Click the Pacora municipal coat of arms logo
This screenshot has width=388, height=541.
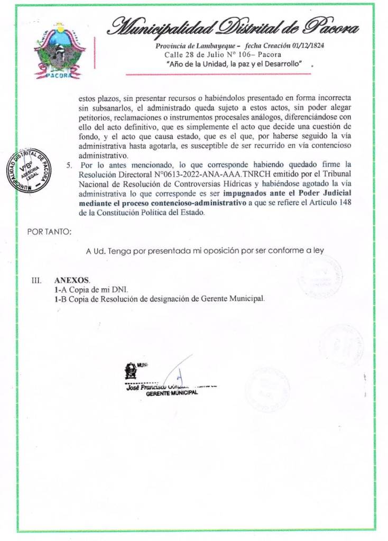click(x=60, y=51)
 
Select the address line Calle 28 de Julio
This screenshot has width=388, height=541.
click(x=223, y=54)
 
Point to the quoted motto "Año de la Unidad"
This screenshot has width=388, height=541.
click(x=234, y=64)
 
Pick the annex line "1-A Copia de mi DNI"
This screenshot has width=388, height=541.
click(x=91, y=289)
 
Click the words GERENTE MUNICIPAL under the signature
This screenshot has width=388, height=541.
click(x=171, y=392)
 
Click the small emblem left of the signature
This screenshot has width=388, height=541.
click(x=130, y=371)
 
